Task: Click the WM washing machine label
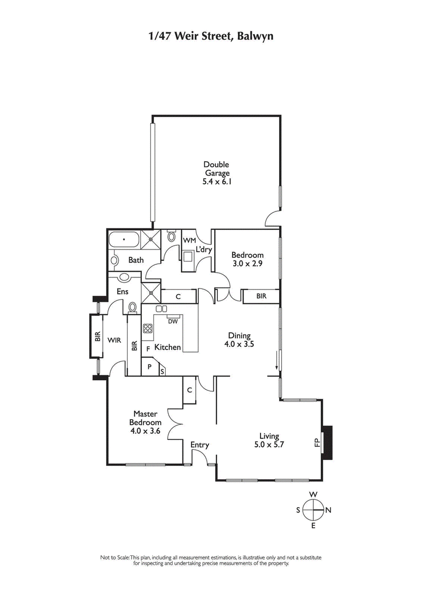189,240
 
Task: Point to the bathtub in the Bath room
124,240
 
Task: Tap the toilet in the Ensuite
133,306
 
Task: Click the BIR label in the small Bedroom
261,296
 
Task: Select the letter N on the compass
328,510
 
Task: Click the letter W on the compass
313,494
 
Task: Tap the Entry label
199,445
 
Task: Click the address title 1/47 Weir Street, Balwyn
211,36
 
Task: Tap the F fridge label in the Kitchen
148,349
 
